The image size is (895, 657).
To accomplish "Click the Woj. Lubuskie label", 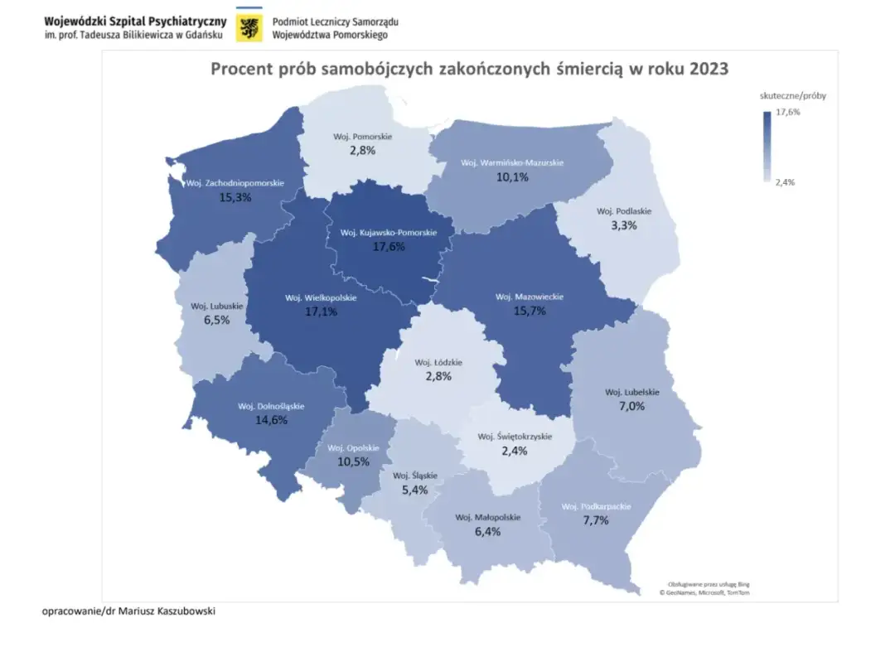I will [215, 306].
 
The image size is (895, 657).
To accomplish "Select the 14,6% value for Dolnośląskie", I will [271, 420].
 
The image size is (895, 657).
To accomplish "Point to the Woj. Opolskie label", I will [353, 447].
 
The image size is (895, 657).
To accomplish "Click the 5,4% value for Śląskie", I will [414, 490].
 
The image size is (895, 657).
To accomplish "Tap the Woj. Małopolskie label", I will [487, 518].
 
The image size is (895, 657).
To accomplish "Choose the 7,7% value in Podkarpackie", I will [595, 521].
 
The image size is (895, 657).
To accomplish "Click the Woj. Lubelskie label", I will [631, 392].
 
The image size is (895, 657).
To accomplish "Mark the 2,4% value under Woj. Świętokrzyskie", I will [514, 452].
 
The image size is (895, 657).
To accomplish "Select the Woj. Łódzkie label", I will [438, 362].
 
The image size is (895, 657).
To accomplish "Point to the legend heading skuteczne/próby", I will [793, 95].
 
